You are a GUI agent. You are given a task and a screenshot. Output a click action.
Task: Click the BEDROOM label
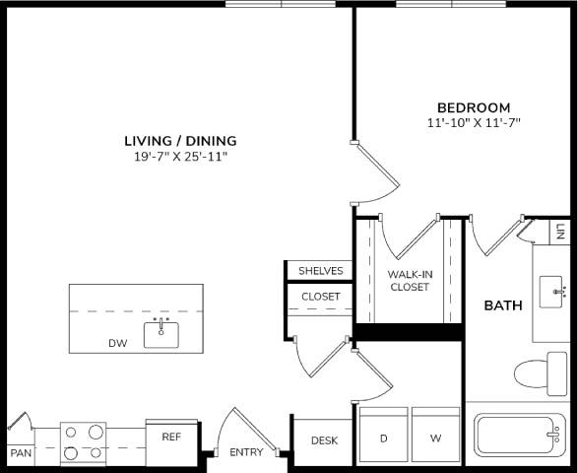point(474,107)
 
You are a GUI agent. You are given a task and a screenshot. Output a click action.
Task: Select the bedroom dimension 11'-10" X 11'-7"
point(474,123)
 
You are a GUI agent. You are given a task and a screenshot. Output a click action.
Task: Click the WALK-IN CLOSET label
point(409,281)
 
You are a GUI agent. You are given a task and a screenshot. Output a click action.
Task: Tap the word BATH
point(502,305)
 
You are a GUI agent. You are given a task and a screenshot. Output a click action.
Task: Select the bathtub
point(519,435)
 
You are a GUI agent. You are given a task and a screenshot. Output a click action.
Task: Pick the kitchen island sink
point(161,334)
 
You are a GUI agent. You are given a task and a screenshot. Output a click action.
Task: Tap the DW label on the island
point(118,344)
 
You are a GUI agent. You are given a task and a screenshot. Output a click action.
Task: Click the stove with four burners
point(84,442)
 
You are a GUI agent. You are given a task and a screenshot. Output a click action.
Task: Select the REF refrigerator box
point(171,436)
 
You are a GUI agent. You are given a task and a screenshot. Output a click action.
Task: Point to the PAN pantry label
point(20,453)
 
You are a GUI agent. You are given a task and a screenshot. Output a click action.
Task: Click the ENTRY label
point(246,452)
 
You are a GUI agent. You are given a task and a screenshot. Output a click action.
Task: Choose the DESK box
point(324,440)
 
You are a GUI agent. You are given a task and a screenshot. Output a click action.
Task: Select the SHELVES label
point(320,271)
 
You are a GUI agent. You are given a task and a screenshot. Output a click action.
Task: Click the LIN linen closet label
point(560,232)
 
